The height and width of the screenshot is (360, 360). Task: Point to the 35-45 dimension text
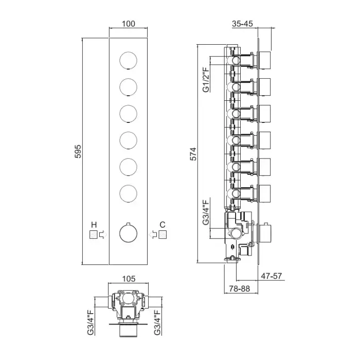[x=243, y=24]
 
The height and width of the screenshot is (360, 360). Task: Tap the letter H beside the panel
[x=94, y=224]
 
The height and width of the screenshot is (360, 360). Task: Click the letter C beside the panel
[x=163, y=224]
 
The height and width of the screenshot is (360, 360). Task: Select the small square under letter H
[x=94, y=235]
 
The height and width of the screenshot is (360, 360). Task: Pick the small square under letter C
[x=163, y=235]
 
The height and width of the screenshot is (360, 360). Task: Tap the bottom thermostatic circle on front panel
[x=129, y=235]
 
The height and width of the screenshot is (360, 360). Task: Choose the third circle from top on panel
[x=129, y=114]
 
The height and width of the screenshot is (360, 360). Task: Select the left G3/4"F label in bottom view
[x=91, y=322]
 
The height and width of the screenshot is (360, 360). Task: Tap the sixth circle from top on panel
[x=129, y=194]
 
